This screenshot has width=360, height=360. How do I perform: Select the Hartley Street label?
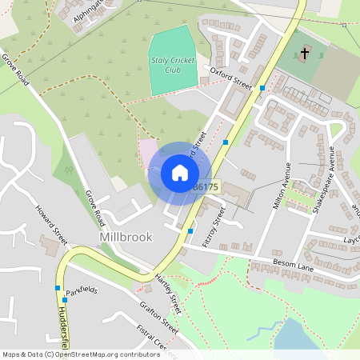point(168,292)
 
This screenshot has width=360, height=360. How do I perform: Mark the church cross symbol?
point(304,54)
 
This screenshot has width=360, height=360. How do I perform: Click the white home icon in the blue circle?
point(179,173)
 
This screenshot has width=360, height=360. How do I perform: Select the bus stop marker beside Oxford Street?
point(262,88)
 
